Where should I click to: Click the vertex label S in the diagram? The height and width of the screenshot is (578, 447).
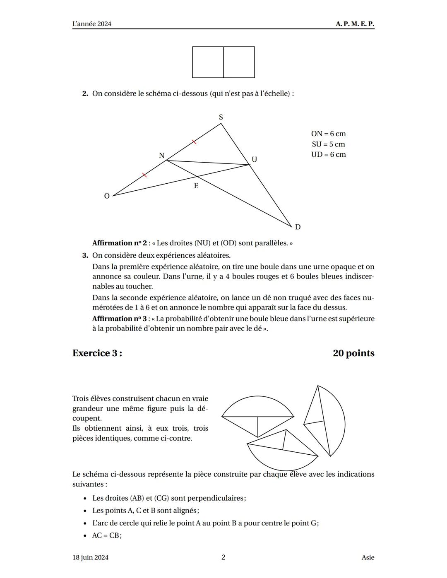(x=221, y=117)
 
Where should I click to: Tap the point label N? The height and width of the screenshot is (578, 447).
(x=161, y=156)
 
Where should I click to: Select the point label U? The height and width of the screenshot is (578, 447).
(x=254, y=159)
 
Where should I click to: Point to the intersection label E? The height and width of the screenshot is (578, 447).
(x=196, y=186)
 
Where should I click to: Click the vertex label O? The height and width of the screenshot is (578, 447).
(x=107, y=196)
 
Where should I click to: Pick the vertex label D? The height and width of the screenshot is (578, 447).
(x=298, y=227)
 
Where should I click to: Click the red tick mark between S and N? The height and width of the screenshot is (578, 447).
(x=194, y=142)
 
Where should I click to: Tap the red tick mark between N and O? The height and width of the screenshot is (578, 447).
(x=144, y=175)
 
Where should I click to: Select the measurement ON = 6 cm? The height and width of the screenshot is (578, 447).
(x=328, y=134)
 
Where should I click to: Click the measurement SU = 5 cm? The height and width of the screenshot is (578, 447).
(x=328, y=144)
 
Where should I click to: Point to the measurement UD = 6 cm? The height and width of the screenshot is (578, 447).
(x=328, y=154)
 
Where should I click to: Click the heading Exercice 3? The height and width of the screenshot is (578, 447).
(x=97, y=353)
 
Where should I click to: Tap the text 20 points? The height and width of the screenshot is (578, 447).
(x=353, y=353)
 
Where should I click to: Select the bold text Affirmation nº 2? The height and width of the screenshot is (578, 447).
(x=119, y=243)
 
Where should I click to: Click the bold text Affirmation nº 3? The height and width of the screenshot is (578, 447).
(x=119, y=319)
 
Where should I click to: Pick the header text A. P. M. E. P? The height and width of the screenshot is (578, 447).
(x=355, y=24)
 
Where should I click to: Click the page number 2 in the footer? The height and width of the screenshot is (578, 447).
(x=223, y=557)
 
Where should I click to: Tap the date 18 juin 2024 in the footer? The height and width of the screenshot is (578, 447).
(x=90, y=557)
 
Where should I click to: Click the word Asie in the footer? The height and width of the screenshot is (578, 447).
(x=368, y=557)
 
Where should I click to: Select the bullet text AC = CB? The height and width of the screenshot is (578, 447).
(x=107, y=535)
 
